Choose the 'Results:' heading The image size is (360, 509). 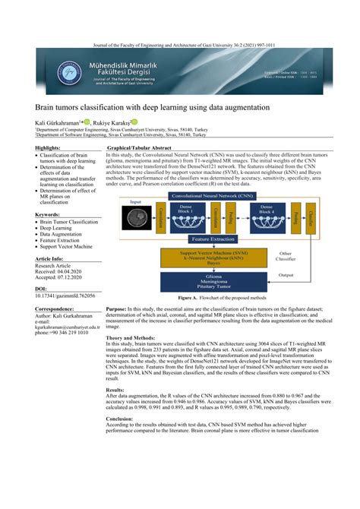118,389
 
